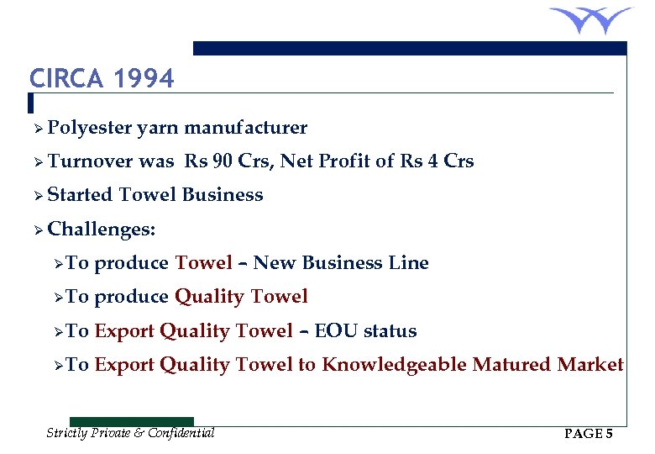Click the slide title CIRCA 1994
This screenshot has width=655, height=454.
pos(102,79)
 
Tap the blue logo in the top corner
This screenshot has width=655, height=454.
pos(590,18)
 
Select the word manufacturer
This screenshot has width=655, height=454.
pos(246,128)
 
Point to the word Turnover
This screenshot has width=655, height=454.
pos(91,161)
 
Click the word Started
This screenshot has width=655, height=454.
pos(80,195)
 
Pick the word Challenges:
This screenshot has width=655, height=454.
pos(101,230)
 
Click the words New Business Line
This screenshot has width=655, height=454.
pos(341,263)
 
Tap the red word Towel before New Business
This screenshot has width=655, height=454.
pos(203,263)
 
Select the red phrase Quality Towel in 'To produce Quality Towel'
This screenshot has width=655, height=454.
pos(241,297)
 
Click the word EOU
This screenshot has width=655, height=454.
pos(333,331)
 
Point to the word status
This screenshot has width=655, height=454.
pos(390,331)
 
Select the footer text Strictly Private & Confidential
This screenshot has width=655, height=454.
pos(130,433)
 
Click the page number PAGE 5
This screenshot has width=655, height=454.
pos(589,434)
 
